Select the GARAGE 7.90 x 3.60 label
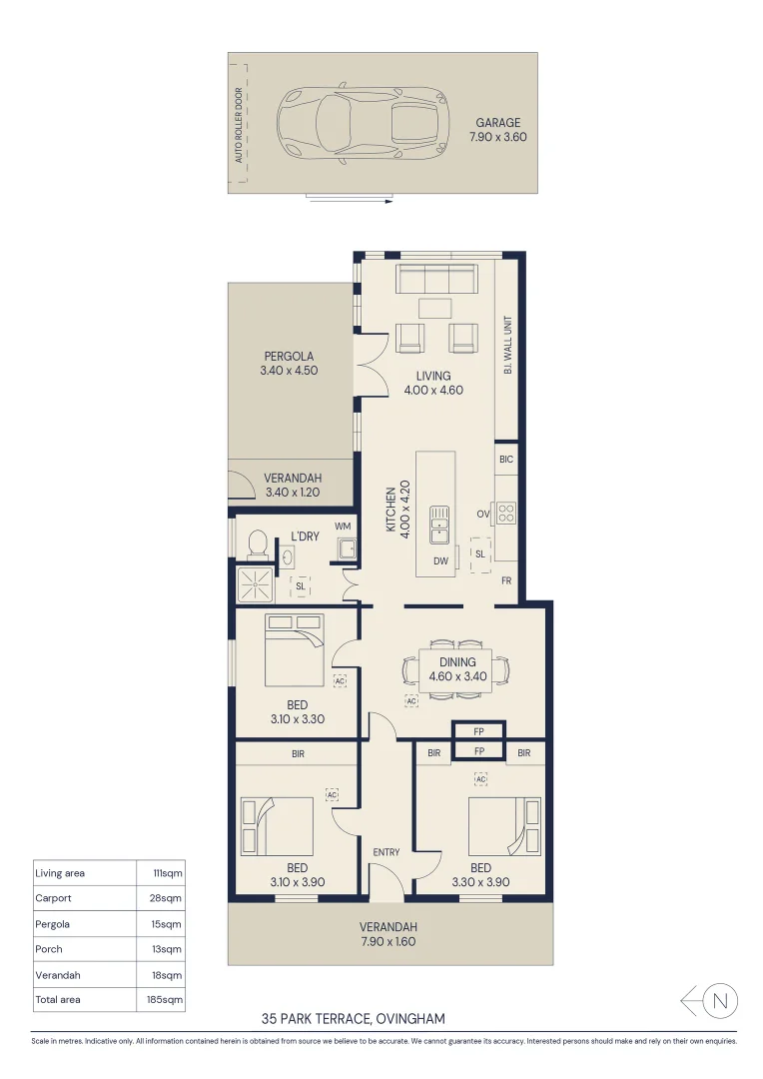tap(496, 131)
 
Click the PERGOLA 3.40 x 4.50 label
tap(289, 364)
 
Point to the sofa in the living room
tap(435, 278)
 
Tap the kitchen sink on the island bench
tap(439, 524)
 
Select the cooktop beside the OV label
tap(506, 514)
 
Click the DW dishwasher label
tap(439, 561)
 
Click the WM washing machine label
tap(343, 527)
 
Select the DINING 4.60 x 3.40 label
tap(452, 669)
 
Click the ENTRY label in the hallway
tap(385, 852)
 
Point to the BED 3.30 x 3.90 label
tap(479, 875)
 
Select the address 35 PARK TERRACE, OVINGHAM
tap(353, 1019)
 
